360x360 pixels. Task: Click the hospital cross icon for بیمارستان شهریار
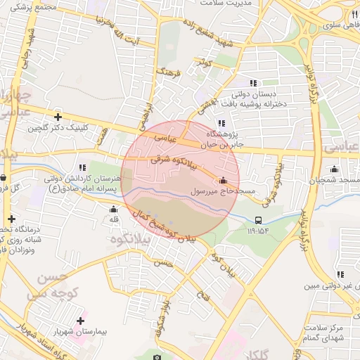point(81,321)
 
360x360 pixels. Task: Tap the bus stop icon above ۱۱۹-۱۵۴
point(258,220)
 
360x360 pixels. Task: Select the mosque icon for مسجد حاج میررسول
point(224,180)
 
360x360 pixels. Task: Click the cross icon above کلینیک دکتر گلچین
point(58,117)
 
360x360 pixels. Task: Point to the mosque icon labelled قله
point(113,209)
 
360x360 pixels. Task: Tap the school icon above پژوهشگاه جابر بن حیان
point(221,123)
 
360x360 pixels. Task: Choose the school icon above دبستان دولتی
point(253,83)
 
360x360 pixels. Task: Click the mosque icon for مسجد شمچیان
point(334,169)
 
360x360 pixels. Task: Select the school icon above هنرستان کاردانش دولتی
point(82,167)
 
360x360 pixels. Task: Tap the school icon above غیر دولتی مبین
point(341,276)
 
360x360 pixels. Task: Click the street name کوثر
point(205,63)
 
